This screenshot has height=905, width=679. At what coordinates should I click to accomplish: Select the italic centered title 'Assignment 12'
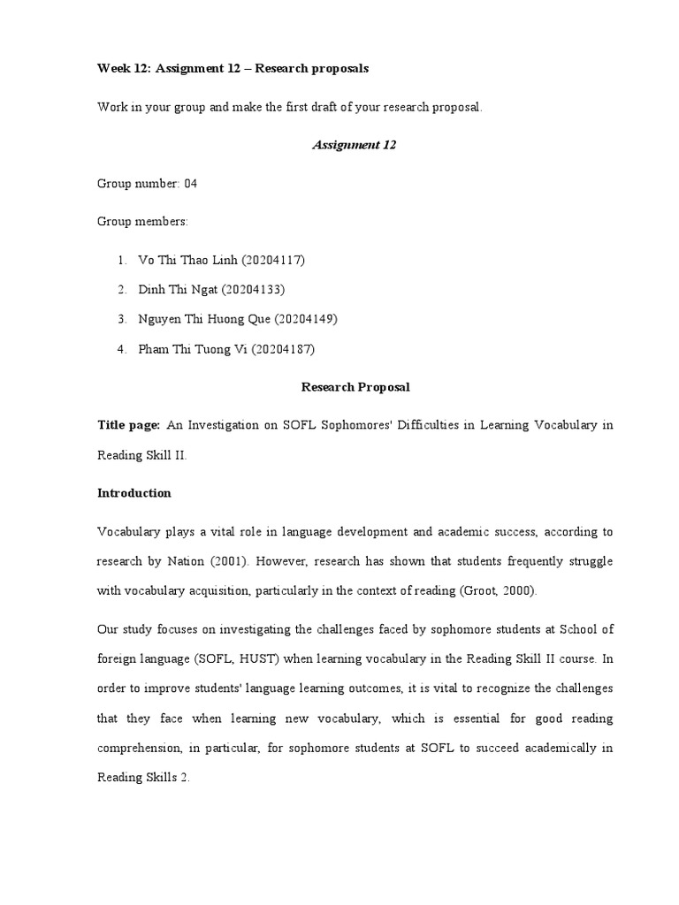pyautogui.click(x=354, y=145)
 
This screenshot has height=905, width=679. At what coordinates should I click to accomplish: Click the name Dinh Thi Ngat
pyautogui.click(x=178, y=289)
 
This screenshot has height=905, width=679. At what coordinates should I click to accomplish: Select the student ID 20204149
pyautogui.click(x=307, y=319)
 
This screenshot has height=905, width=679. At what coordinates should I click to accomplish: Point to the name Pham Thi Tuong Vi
pyautogui.click(x=193, y=349)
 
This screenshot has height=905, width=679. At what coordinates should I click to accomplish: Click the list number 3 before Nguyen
pyautogui.click(x=120, y=319)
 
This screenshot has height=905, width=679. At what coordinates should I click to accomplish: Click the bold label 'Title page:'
pyautogui.click(x=129, y=425)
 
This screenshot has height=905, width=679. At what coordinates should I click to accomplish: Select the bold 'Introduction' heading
pyautogui.click(x=134, y=493)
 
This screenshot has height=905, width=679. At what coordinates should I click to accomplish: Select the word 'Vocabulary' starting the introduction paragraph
pyautogui.click(x=127, y=532)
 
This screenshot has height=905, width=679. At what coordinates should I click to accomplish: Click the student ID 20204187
pyautogui.click(x=283, y=349)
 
